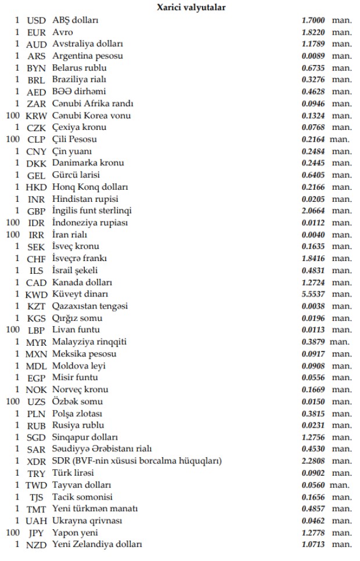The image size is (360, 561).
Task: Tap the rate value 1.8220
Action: click(314, 32)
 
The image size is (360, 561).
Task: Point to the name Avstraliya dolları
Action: click(87, 44)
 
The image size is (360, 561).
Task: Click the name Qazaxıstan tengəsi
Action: click(90, 306)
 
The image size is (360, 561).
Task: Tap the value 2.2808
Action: click(314, 462)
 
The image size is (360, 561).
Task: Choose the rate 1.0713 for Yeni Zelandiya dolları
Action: click(314, 545)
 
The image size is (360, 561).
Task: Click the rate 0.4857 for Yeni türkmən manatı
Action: click(314, 509)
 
